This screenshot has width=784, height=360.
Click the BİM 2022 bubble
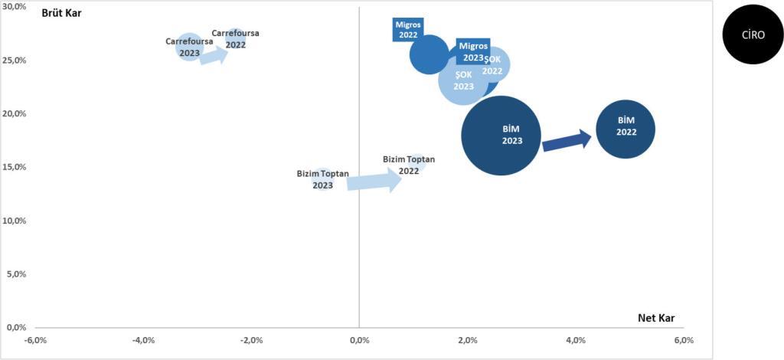[625, 129]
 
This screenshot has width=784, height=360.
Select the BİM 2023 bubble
[501, 136]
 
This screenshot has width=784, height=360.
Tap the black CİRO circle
[753, 34]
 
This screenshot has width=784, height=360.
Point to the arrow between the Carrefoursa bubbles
[214, 55]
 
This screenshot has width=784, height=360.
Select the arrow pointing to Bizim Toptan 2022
[374, 180]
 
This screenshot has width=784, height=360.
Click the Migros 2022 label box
[407, 30]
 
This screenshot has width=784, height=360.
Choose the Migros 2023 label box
[473, 51]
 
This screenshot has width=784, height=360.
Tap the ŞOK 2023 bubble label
[463, 80]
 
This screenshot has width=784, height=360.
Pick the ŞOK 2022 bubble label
[492, 65]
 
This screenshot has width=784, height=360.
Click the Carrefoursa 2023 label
[190, 47]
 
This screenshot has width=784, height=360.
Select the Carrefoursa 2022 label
[236, 38]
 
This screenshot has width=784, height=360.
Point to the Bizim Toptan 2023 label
[323, 179]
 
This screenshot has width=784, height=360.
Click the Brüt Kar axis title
[62, 14]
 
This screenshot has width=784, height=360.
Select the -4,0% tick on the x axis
[142, 341]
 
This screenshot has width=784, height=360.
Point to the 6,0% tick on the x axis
[684, 341]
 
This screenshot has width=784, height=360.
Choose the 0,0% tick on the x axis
[359, 341]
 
